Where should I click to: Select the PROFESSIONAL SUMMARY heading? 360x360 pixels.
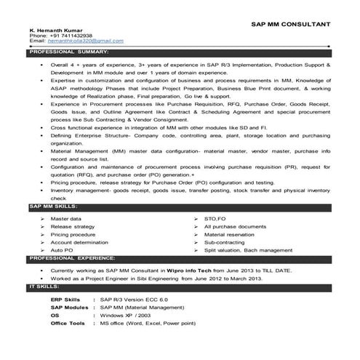[x=69, y=53]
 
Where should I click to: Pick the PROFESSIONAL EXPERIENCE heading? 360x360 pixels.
[x=72, y=258]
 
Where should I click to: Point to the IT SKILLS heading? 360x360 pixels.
[x=43, y=288]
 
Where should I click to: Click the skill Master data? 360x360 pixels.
[x=66, y=219]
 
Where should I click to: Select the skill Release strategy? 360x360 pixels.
[x=71, y=227]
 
